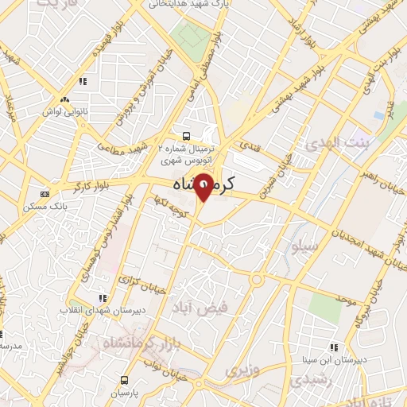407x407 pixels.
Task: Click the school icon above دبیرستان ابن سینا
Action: click(334, 347)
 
